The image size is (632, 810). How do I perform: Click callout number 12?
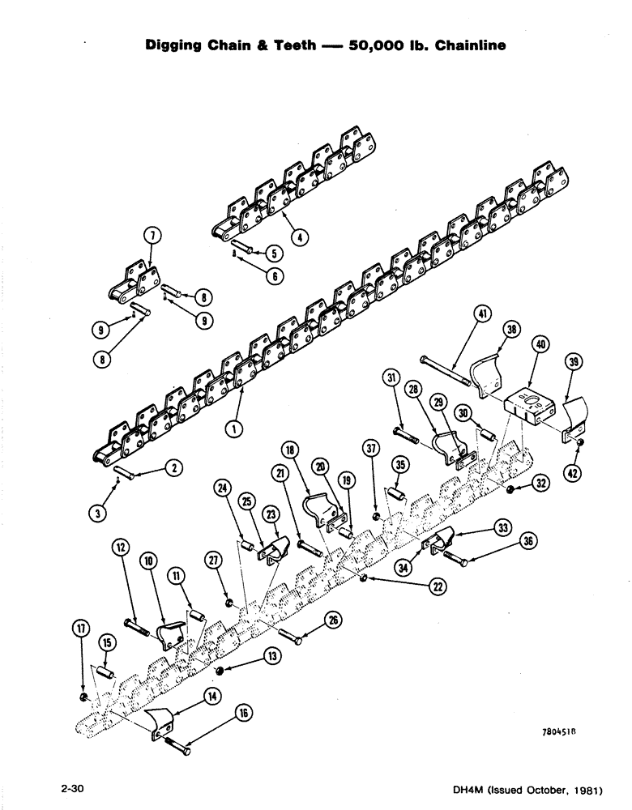(122, 549)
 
